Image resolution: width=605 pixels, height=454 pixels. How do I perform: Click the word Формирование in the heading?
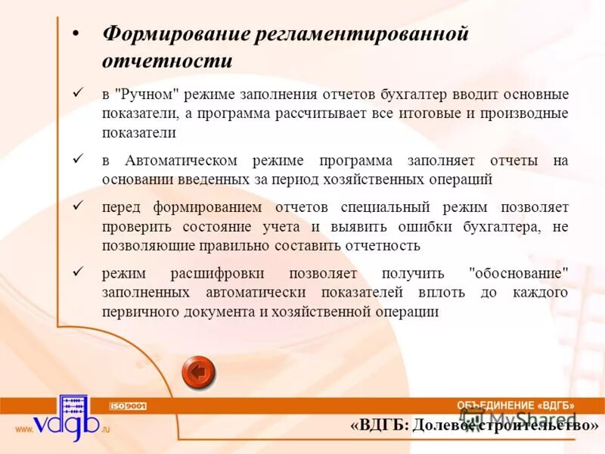(x=175, y=35)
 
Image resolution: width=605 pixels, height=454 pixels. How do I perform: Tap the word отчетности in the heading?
(x=167, y=61)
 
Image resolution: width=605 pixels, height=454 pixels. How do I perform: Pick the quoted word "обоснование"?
(x=518, y=273)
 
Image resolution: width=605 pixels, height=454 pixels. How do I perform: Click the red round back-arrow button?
(x=199, y=372)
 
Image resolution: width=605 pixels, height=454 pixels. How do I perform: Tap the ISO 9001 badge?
(x=129, y=406)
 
